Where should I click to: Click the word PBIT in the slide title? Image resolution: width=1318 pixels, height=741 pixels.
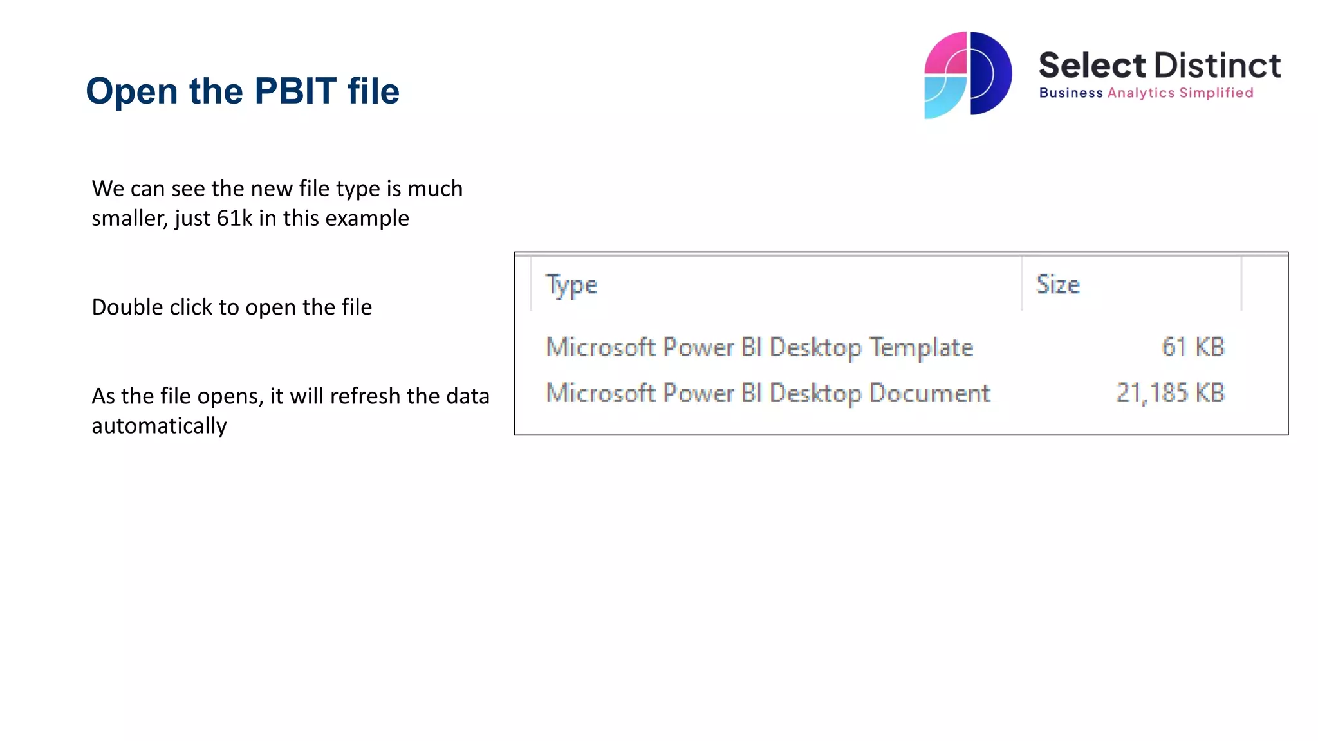click(x=295, y=91)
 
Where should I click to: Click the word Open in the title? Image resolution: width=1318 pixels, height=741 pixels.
click(x=131, y=92)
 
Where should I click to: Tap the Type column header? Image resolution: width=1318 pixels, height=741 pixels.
click(x=571, y=285)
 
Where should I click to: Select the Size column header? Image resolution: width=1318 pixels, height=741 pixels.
click(x=1057, y=284)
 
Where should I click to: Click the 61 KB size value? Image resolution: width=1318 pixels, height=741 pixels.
click(x=1193, y=347)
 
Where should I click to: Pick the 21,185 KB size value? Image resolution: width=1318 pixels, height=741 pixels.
click(x=1170, y=393)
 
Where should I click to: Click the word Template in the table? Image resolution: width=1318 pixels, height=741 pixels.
click(x=921, y=348)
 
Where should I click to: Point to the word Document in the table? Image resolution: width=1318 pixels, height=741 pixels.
click(x=929, y=393)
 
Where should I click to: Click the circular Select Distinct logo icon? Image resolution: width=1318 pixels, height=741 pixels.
click(x=968, y=75)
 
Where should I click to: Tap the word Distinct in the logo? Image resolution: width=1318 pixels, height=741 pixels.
click(x=1217, y=66)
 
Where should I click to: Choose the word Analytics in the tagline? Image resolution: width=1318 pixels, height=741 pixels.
click(x=1141, y=93)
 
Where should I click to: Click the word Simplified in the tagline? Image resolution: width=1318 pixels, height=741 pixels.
click(x=1216, y=93)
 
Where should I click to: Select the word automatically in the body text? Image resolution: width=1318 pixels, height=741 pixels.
click(x=159, y=426)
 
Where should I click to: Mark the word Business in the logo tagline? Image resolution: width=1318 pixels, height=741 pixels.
click(x=1071, y=93)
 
